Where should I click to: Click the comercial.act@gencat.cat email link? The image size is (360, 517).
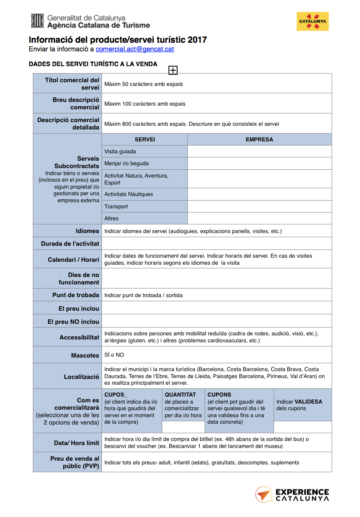click(135, 49)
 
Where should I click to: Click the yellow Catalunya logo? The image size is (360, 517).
click(312, 21)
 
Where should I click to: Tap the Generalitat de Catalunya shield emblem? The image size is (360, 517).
click(37, 21)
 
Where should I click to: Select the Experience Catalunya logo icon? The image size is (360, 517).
click(263, 494)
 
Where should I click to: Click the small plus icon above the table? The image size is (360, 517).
click(173, 70)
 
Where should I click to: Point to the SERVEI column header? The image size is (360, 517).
click(145, 139)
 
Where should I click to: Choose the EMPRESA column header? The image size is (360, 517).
click(259, 139)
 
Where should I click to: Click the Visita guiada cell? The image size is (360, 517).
click(145, 151)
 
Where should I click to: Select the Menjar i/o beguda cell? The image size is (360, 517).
click(145, 163)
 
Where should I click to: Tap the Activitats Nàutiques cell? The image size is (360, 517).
click(145, 194)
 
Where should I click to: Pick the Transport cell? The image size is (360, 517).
click(145, 206)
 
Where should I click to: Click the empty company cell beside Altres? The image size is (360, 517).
click(259, 218)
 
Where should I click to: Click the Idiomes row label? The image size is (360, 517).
click(87, 231)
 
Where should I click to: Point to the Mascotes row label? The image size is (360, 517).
click(85, 355)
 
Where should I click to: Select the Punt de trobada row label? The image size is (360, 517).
click(76, 295)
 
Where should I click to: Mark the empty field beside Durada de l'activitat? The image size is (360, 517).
click(217, 243)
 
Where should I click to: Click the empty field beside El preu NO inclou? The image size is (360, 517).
click(217, 321)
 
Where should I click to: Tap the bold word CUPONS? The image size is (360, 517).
click(219, 395)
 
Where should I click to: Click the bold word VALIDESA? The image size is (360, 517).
click(308, 402)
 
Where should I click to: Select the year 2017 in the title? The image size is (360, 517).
click(197, 40)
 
